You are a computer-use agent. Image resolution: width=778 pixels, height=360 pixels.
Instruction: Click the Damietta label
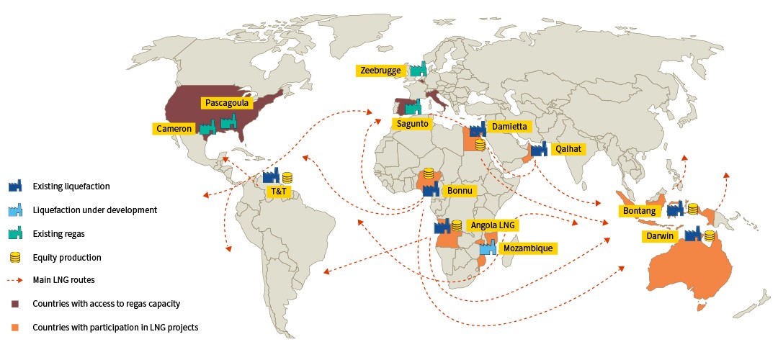(509, 127)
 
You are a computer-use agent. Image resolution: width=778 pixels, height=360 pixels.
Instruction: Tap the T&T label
(277, 192)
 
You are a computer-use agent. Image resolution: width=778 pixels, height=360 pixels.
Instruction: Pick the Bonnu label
(459, 192)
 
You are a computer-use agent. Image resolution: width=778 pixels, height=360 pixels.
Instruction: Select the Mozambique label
(528, 248)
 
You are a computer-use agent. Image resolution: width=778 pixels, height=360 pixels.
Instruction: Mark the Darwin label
(658, 236)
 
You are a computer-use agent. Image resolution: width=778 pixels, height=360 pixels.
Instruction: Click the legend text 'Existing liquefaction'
(71, 186)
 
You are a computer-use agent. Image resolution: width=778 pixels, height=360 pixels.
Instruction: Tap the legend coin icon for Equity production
(15, 257)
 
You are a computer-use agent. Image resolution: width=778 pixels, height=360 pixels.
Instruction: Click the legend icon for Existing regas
(16, 233)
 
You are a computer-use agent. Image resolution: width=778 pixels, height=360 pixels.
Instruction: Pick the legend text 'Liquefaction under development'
(94, 210)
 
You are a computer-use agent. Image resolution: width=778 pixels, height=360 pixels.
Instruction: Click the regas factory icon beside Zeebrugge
(419, 69)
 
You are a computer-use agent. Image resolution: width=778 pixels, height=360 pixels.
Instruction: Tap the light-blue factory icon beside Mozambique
(488, 248)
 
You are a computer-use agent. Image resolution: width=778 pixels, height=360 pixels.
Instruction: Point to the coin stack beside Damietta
(480, 145)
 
